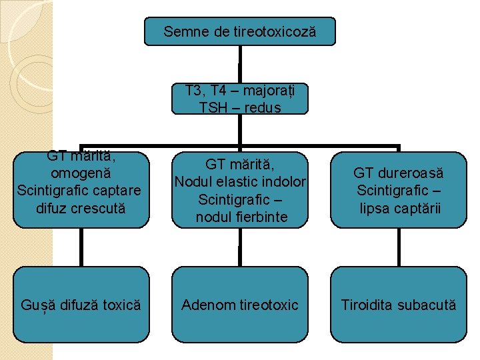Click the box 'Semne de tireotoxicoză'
[240, 31]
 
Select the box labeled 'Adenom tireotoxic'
[240, 305]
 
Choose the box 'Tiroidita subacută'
[399, 305]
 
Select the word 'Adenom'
[206, 305]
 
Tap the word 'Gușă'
[35, 305]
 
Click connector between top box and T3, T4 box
[239, 64]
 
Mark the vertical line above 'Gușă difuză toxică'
[81, 247]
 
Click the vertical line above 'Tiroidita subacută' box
[399, 247]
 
